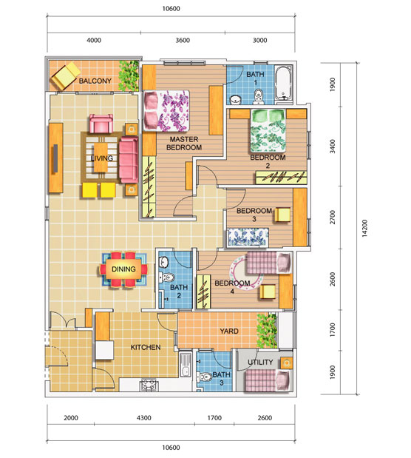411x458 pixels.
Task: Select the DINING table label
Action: click(123, 269)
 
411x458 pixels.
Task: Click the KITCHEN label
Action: click(146, 347)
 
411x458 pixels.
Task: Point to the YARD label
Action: click(228, 331)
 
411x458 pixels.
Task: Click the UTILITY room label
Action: click(259, 363)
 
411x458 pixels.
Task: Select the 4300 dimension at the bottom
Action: click(144, 418)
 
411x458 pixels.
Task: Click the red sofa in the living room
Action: click(129, 158)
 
